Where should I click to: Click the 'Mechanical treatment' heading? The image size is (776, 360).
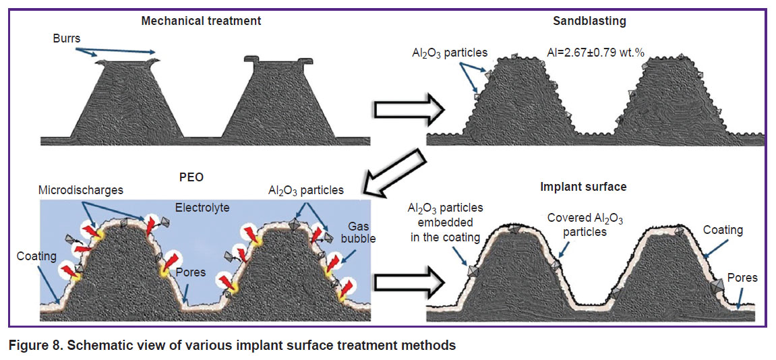coord(200,22)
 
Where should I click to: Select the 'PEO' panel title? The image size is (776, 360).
coord(191,177)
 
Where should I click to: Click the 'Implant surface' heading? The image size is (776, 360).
coord(583,187)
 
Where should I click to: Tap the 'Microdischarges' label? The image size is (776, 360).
coord(80,191)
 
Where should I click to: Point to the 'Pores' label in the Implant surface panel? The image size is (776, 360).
coord(744,278)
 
